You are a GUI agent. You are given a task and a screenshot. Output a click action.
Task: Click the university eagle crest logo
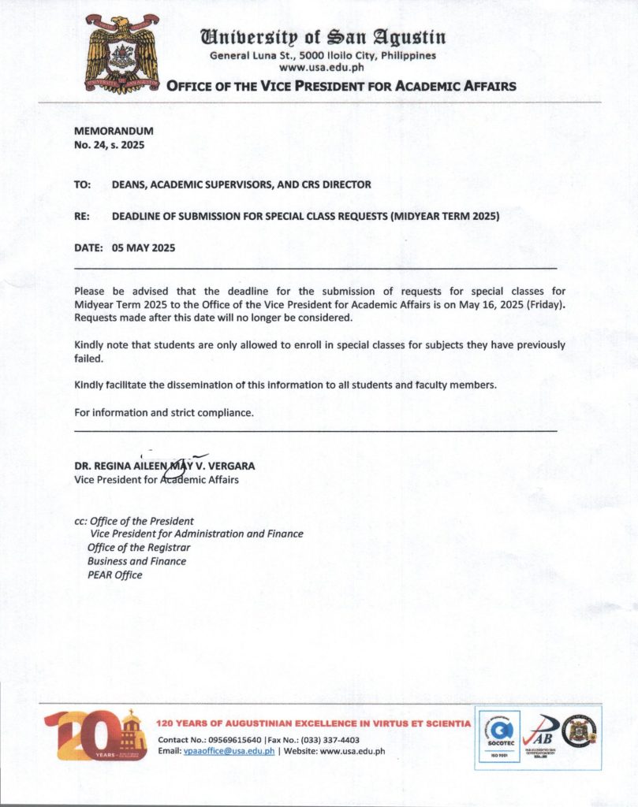click(122, 54)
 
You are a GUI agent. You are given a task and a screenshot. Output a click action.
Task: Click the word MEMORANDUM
click(114, 131)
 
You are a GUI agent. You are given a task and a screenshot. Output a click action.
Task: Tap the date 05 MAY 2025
click(144, 247)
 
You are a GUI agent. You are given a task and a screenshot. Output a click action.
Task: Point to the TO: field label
click(83, 184)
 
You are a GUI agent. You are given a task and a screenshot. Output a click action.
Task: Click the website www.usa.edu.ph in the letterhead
click(321, 68)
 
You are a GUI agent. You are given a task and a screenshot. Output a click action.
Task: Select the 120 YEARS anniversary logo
click(95, 734)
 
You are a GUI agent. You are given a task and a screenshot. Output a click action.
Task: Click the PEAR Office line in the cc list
click(115, 575)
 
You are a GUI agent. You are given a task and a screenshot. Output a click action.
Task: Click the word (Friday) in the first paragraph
click(545, 304)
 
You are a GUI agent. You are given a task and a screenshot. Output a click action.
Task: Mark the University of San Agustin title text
click(323, 36)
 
